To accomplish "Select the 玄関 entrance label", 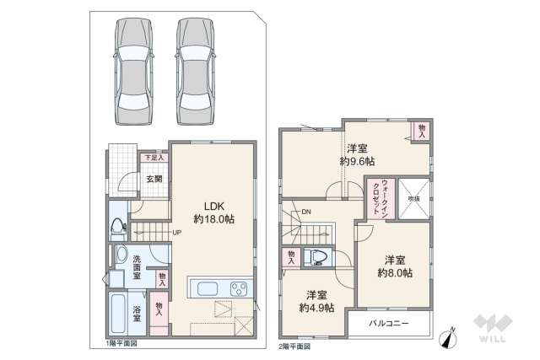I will pyautogui.click(x=153, y=179).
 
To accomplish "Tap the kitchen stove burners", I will pyautogui.click(x=238, y=288).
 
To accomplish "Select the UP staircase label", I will pyautogui.click(x=177, y=232).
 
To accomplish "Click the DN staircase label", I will pyautogui.click(x=306, y=211).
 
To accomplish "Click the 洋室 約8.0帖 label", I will pyautogui.click(x=394, y=266).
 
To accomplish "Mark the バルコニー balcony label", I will pyautogui.click(x=389, y=324).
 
